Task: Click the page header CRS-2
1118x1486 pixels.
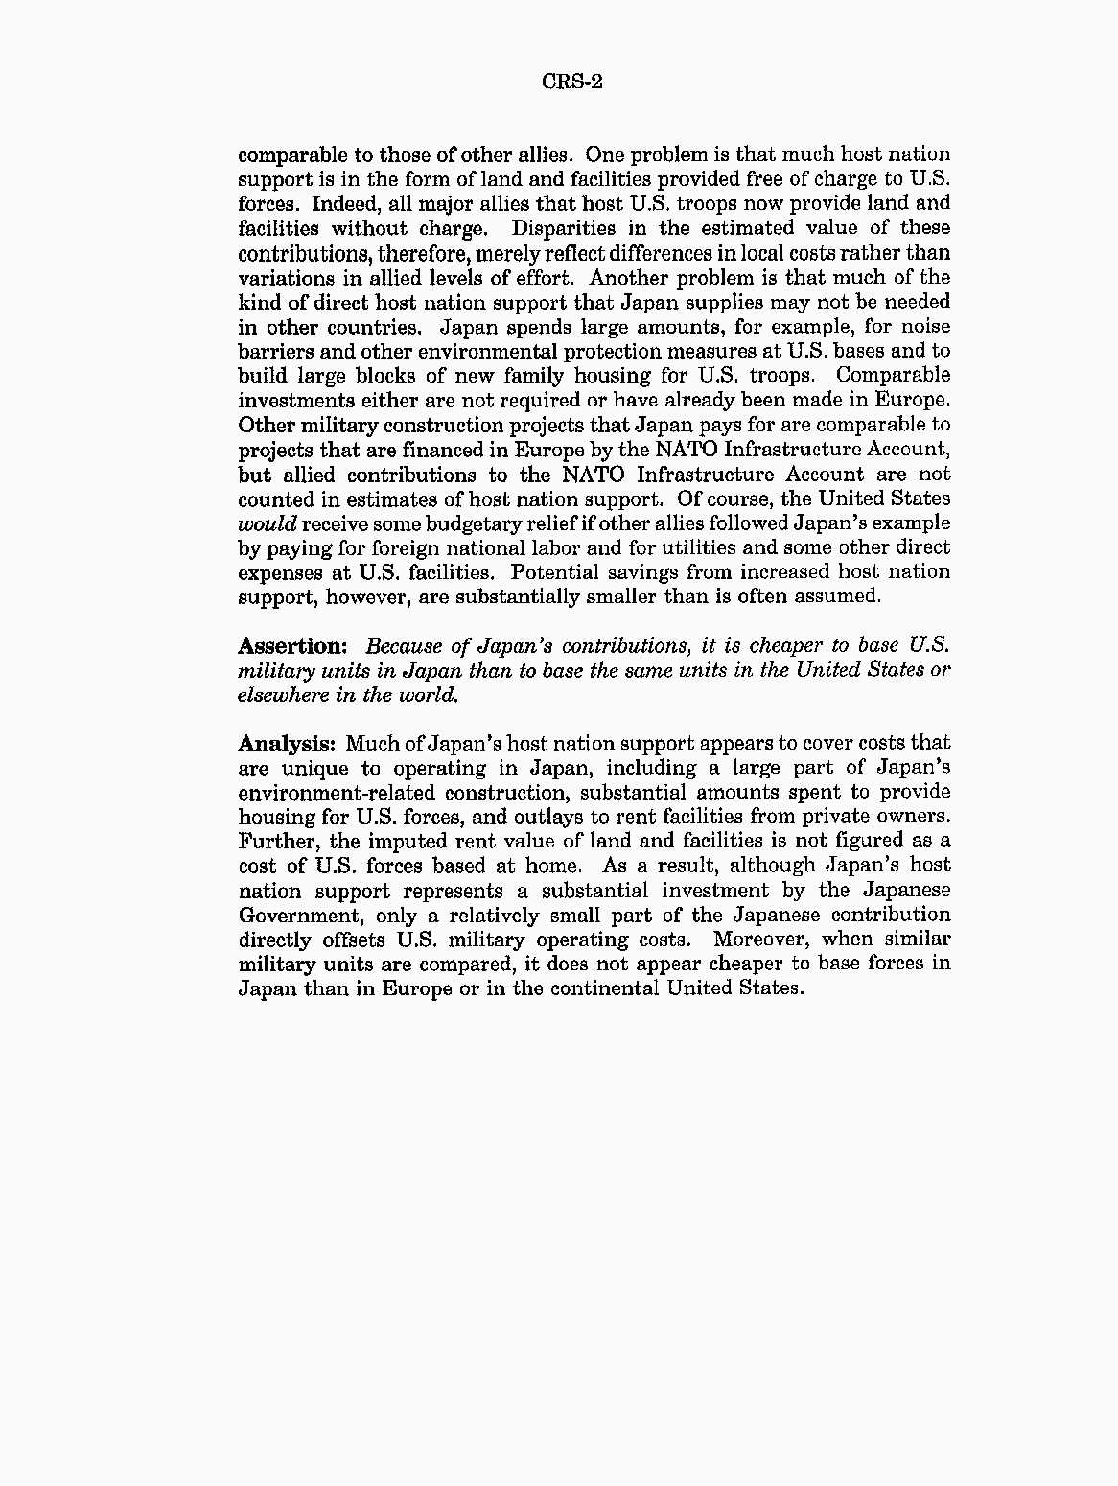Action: (x=572, y=81)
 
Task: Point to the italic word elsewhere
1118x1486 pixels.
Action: (x=283, y=695)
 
